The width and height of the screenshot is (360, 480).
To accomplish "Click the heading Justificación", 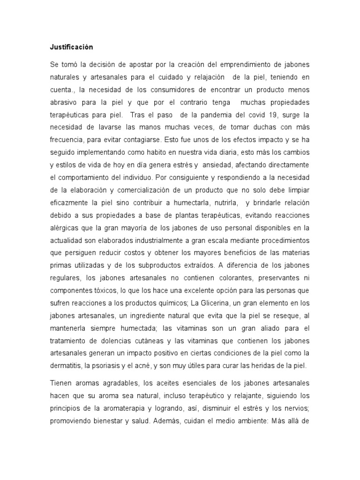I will click(72, 47).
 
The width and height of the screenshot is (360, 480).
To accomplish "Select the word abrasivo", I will click(64, 102).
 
